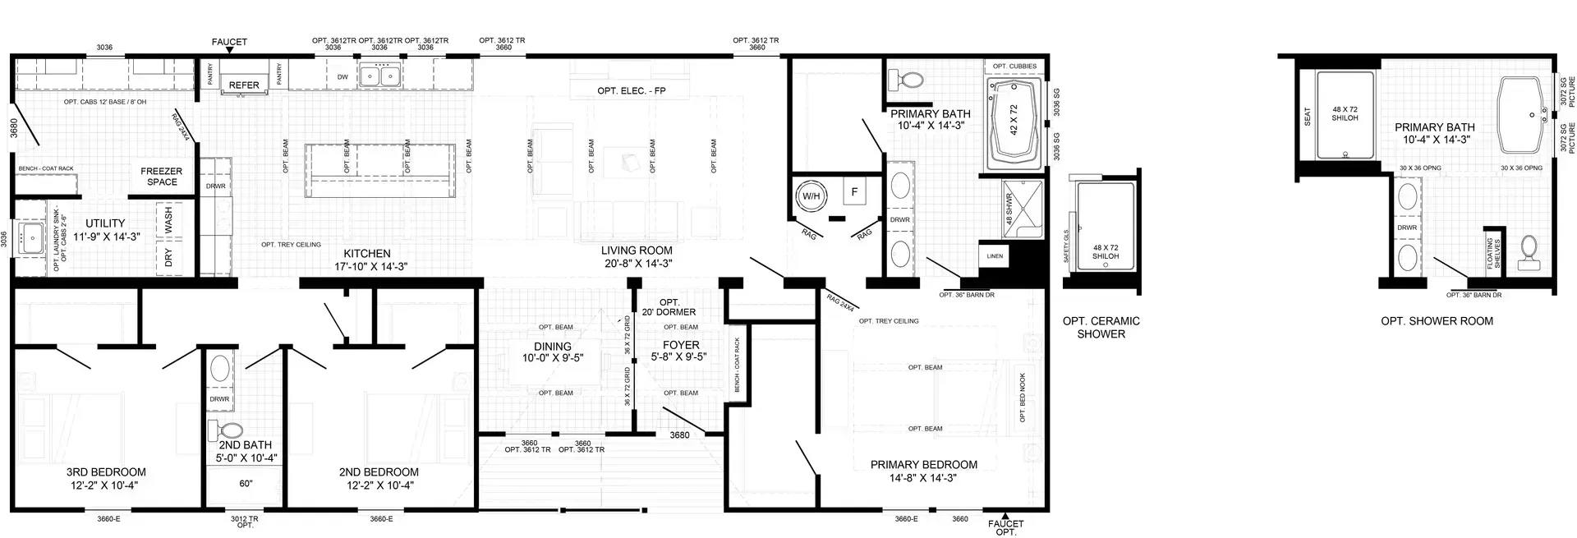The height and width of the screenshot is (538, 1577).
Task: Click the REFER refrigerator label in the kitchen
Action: point(244,85)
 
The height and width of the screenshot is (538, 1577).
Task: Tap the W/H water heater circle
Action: point(811,196)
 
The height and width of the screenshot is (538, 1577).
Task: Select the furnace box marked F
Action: point(854,192)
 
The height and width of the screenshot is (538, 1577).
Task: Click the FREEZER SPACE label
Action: point(162,177)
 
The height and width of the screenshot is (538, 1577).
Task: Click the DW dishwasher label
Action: point(343,77)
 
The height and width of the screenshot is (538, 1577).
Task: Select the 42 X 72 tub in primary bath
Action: point(1014,120)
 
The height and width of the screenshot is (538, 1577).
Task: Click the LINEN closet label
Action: point(995,256)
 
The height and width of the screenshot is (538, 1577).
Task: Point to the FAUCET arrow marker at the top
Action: point(229,50)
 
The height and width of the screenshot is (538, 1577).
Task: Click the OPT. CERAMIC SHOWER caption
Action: point(1101,327)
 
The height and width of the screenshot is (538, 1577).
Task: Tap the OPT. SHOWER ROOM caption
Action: point(1437,321)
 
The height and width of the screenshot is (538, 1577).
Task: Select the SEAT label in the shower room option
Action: point(1307,117)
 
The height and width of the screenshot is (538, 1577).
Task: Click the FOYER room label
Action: point(681,346)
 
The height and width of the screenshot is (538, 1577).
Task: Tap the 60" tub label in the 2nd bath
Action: point(246,484)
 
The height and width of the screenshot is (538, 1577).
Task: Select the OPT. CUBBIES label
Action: point(1014,67)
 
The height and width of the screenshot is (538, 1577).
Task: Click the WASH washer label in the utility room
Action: point(168,220)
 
